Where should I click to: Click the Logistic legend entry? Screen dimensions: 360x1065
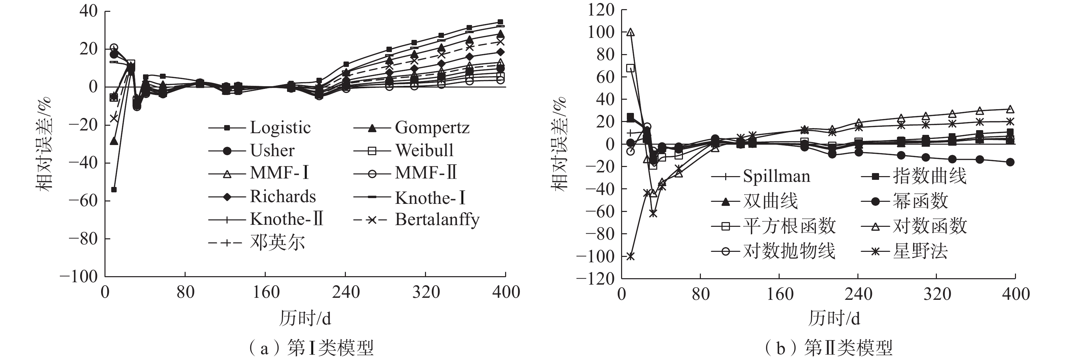pos(280,128)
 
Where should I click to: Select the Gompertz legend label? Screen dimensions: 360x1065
pos(432,128)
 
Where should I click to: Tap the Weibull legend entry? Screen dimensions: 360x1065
pos(424,150)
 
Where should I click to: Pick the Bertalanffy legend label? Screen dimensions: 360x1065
pos(437,219)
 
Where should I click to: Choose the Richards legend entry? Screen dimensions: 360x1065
pos(283,197)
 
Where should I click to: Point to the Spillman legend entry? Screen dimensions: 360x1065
pos(776,176)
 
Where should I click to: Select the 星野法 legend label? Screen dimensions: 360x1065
pos(920,251)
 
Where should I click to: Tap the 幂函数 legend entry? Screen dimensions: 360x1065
pos(920,201)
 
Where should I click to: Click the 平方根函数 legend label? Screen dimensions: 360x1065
pos(789,226)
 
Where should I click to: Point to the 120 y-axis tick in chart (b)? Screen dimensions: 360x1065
pos(601,10)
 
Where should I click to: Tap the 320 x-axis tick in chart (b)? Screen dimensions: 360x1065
pos(937,294)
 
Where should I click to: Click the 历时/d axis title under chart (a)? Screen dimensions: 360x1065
pos(305,318)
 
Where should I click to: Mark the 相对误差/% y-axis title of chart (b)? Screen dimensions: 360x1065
pos(559,144)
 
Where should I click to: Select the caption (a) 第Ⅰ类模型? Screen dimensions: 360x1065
pos(311,348)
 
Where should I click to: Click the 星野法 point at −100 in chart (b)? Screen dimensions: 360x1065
pos(630,256)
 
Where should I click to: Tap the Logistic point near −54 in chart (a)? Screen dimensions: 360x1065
pos(114,190)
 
